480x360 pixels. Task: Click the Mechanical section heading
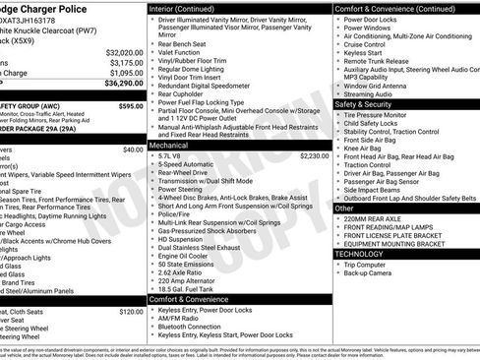pos(171,145)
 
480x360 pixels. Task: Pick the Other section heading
pos(344,209)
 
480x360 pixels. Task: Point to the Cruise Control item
pos(366,43)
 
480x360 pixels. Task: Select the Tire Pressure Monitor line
pos(379,115)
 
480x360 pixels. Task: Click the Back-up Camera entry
pos(369,274)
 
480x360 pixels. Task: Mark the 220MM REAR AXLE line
pos(375,221)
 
